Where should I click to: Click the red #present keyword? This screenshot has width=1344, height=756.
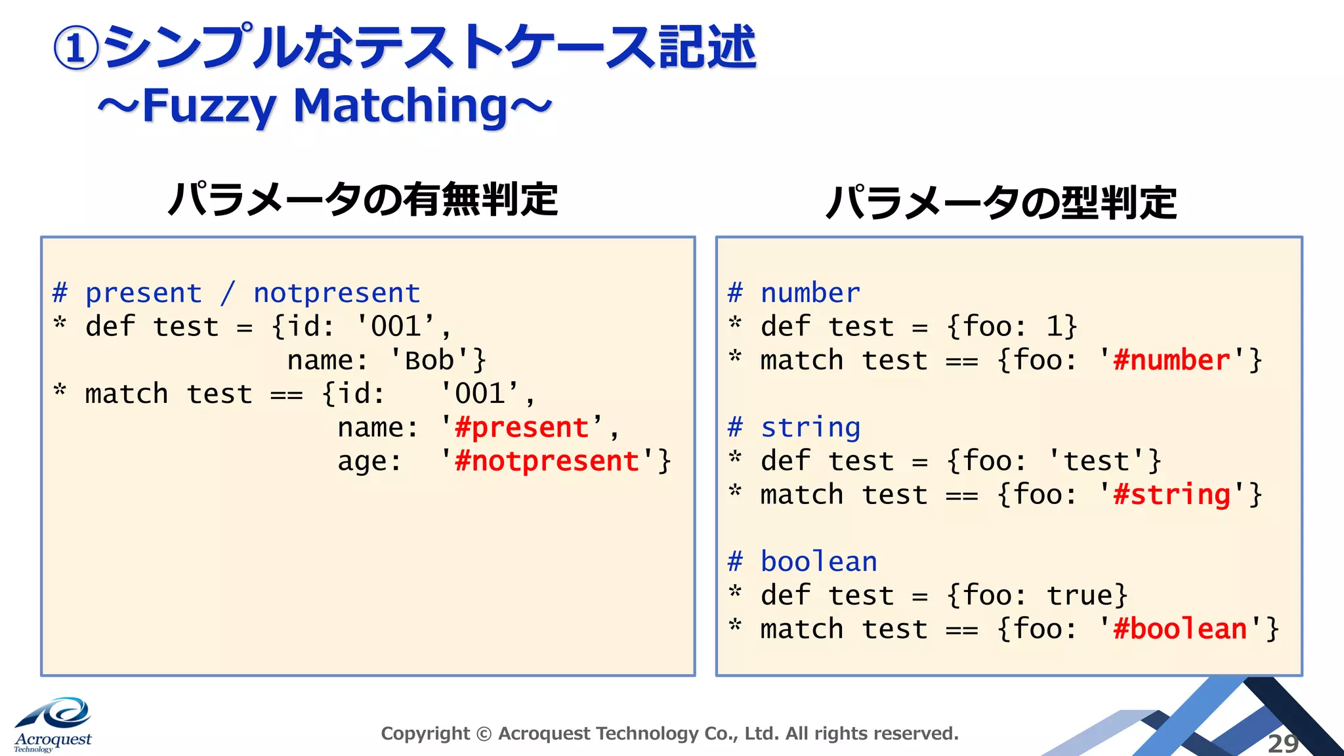coord(522,428)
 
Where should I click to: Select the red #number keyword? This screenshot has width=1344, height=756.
coord(1171,360)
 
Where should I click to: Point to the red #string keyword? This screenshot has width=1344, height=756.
coord(1171,495)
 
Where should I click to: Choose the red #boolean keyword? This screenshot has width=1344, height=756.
coord(1180,629)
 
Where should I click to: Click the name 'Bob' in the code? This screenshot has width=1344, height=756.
coord(429,361)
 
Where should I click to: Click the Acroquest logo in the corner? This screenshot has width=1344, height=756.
coord(53,725)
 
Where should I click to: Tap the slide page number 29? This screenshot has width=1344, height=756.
coord(1282,744)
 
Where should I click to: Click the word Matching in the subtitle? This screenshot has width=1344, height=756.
coord(400,106)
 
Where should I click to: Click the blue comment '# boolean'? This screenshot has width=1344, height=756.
coord(802,562)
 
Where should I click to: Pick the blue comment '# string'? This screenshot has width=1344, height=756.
coord(794,428)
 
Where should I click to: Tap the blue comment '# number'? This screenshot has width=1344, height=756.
coord(794,293)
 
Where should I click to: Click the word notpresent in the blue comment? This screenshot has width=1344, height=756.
coord(337,293)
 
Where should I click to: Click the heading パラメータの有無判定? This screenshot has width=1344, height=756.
coord(363,200)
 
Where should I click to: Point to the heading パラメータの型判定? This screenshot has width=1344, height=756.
coord(1001,203)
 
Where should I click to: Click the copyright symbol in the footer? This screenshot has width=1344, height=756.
coord(484,734)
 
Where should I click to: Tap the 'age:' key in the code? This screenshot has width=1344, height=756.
coord(369,461)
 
